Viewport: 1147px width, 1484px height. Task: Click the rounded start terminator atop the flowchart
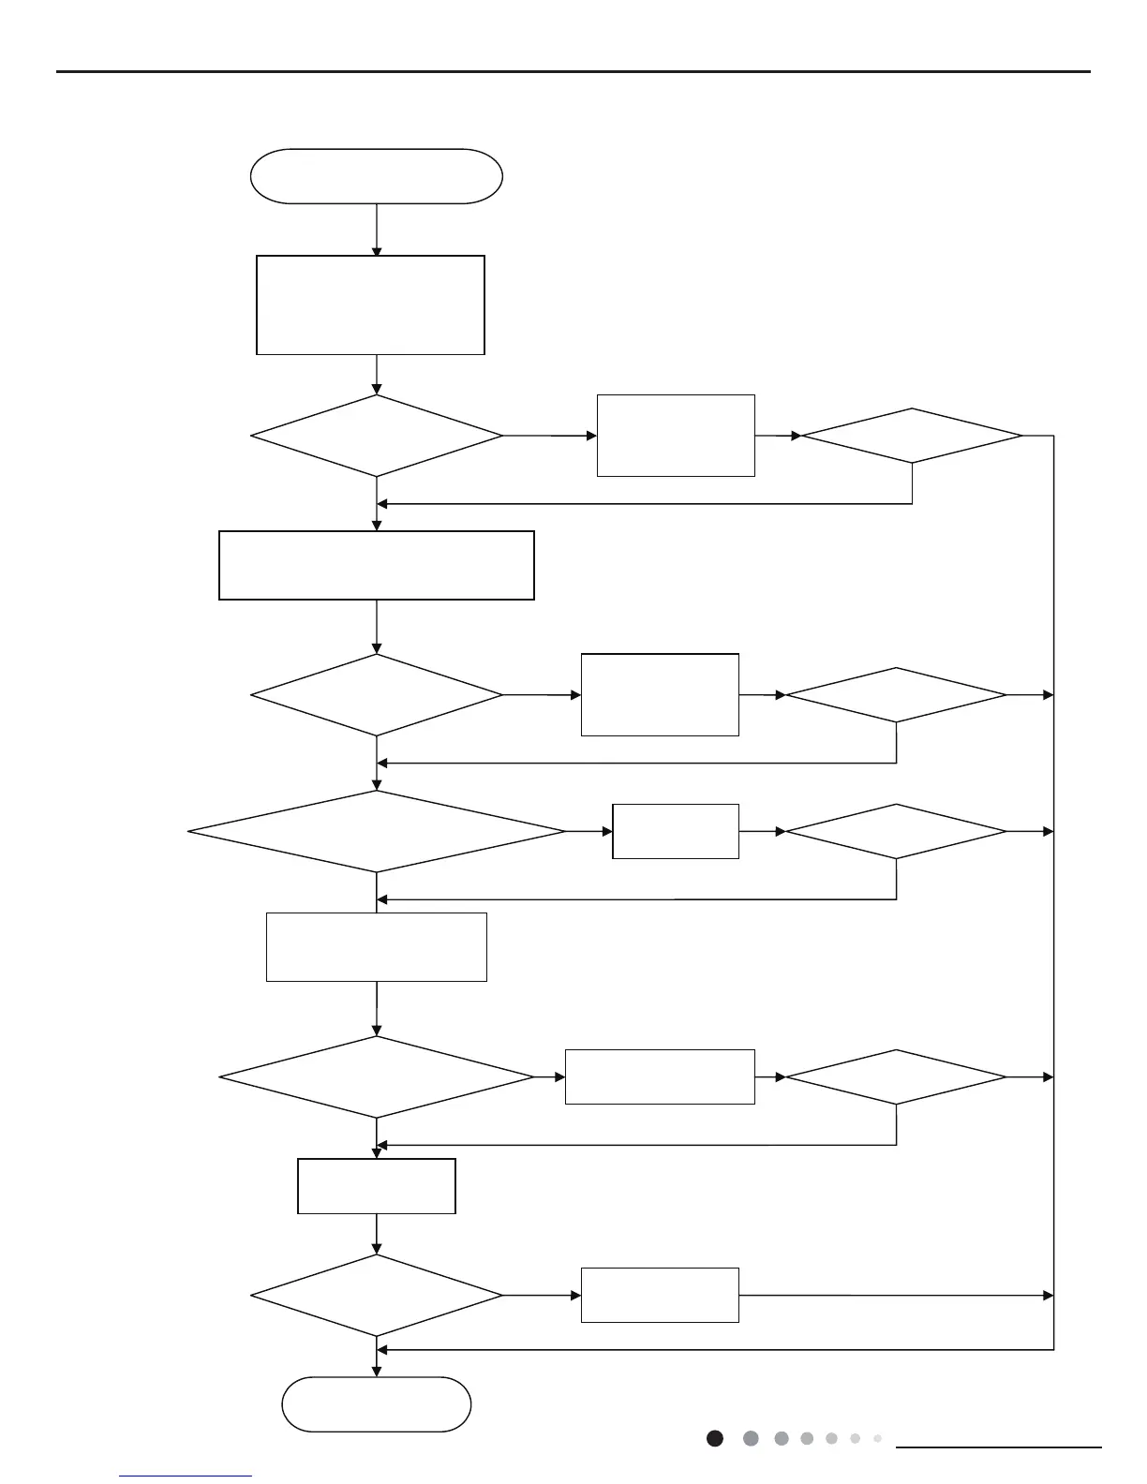coord(376,176)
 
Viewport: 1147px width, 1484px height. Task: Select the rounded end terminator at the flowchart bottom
coord(376,1403)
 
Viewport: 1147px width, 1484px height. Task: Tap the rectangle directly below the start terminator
coord(370,304)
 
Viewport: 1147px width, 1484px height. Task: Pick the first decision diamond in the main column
coord(376,436)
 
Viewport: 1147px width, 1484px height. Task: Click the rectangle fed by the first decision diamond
coord(676,436)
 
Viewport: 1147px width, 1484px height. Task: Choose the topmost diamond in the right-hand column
coord(912,436)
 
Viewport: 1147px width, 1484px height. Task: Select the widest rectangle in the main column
coord(376,565)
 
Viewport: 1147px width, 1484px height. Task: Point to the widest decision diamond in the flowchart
coord(376,831)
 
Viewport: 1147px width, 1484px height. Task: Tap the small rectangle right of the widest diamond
coord(676,831)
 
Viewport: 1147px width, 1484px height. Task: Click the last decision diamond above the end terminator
coord(376,1296)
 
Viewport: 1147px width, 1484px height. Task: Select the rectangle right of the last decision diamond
coord(660,1295)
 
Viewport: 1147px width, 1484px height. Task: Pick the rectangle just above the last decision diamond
coord(376,1186)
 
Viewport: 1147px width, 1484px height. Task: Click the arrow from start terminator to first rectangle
coord(377,229)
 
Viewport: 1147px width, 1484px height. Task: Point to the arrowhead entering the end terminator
coord(377,1372)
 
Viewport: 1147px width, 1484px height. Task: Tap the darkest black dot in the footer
coord(715,1438)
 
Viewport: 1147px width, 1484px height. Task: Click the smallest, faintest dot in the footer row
coord(877,1438)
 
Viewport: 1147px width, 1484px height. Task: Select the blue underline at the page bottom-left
coord(186,1477)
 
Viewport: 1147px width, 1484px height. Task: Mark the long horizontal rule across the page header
coord(573,71)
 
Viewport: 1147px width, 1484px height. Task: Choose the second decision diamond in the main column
coord(376,695)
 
